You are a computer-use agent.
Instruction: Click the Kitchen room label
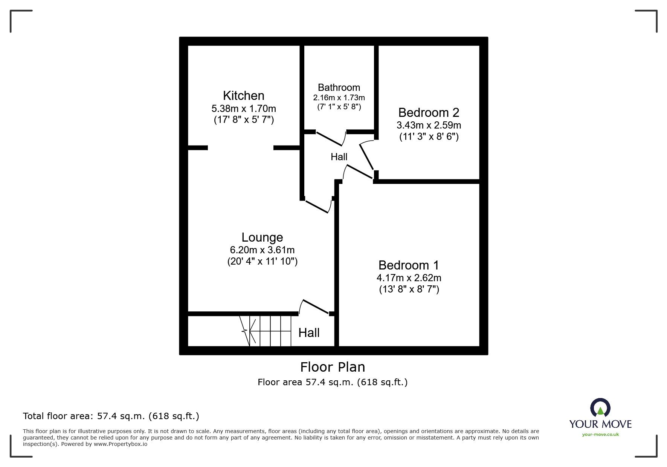244,95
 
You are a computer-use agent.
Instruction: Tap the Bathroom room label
339,87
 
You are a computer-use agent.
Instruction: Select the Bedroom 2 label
429,112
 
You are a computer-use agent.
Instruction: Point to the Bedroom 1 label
409,265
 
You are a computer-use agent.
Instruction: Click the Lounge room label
262,237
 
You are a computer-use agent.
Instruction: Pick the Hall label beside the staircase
309,332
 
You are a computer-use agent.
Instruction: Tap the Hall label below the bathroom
339,157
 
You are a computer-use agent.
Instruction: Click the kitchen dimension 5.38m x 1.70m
244,109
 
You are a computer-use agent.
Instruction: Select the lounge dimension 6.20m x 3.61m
262,250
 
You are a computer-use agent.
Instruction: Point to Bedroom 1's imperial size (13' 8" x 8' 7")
409,289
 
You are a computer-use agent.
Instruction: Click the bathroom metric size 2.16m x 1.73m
339,98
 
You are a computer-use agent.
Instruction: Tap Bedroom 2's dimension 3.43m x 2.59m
429,125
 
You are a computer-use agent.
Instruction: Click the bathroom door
330,138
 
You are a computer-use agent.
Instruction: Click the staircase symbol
267,331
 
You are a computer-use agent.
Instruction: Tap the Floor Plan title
333,367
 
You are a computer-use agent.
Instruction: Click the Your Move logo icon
600,409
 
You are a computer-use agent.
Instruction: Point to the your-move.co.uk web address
600,435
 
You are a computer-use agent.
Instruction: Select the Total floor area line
111,416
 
